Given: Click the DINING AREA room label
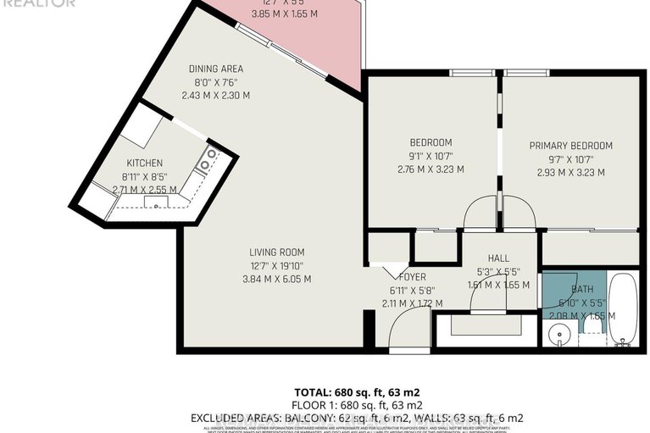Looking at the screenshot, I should click(215, 69).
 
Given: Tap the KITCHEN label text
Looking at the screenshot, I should click(144, 163).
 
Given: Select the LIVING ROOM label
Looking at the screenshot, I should click(276, 252).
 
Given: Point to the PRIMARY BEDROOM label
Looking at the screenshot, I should click(570, 146).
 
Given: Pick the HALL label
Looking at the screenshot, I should click(498, 258).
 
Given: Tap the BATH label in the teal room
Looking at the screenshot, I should click(582, 276).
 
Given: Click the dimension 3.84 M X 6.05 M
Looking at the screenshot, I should click(276, 279).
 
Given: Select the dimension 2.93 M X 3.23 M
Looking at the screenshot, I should click(570, 172).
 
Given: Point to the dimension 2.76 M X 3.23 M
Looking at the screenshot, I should click(431, 169).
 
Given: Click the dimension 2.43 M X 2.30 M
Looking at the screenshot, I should click(215, 95).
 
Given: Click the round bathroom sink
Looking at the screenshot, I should click(557, 331).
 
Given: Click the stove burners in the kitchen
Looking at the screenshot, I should click(206, 159).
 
